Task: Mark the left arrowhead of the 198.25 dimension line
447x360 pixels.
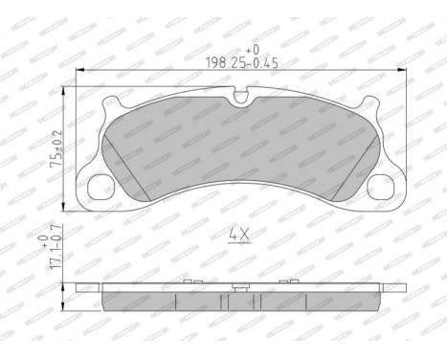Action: (79, 70)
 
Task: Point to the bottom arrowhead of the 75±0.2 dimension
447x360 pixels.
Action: (65, 209)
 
